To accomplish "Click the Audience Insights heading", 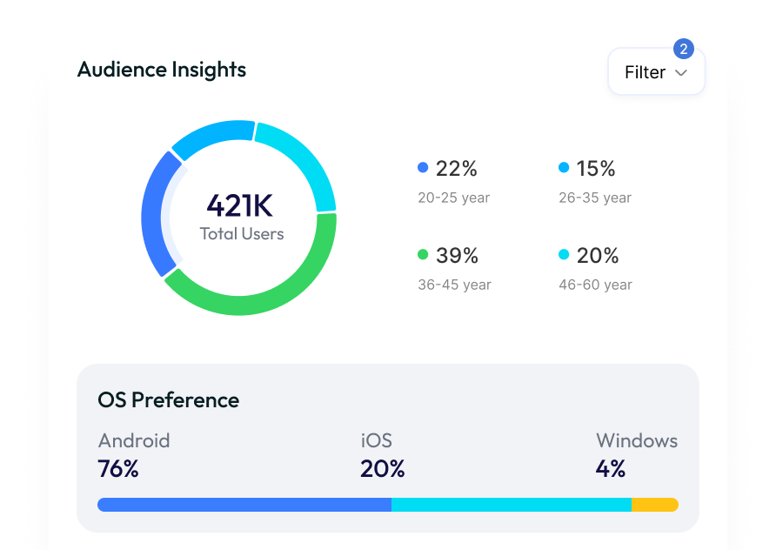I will (x=162, y=70).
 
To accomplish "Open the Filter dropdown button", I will (x=655, y=72).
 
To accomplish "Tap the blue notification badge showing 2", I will (x=684, y=49).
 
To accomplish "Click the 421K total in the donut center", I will (x=239, y=206).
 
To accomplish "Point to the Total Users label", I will (x=242, y=233).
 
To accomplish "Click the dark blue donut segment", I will (x=154, y=214).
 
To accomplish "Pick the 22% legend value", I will (x=456, y=168).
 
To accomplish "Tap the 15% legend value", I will (x=596, y=168).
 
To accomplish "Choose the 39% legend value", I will (x=457, y=255).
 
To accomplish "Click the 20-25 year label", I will (x=453, y=198).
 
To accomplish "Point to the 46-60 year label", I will (x=595, y=285).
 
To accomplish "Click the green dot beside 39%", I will (x=423, y=255).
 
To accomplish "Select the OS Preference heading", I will (x=169, y=400).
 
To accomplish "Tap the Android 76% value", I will (x=118, y=469).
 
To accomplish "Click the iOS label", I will (x=376, y=440).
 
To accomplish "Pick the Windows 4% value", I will (x=611, y=469).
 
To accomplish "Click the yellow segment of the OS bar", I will (x=654, y=505).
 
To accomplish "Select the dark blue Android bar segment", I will (x=244, y=505).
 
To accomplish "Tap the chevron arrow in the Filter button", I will (x=681, y=73).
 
